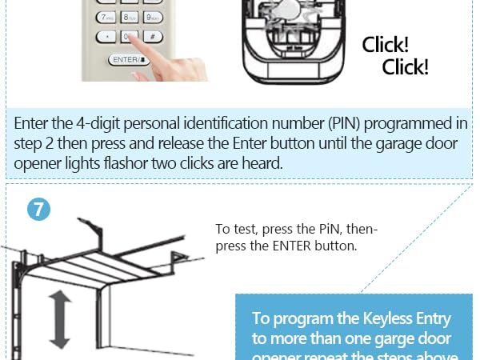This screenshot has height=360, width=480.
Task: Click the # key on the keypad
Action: pyautogui.click(x=152, y=36)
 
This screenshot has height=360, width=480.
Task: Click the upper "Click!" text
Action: pyautogui.click(x=386, y=45)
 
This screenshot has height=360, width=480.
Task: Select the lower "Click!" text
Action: pyautogui.click(x=406, y=67)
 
